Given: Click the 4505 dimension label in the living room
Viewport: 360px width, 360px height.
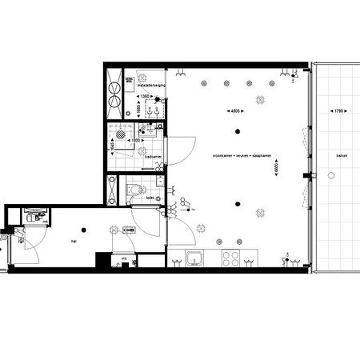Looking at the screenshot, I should (235, 111).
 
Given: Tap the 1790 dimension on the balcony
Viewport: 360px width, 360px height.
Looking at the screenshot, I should (338, 109).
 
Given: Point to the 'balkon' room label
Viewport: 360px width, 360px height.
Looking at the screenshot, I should (342, 157).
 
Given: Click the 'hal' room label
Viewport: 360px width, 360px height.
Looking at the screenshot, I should (73, 239).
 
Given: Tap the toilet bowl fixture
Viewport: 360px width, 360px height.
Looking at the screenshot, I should (137, 190).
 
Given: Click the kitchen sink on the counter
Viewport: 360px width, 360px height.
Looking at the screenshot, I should (194, 259).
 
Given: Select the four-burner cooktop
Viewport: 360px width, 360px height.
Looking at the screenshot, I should (231, 259).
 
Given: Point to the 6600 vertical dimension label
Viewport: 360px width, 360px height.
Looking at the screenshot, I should (276, 170).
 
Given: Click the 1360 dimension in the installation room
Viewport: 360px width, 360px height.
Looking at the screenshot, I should (145, 97).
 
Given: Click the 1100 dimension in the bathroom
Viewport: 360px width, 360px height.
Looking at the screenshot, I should (137, 141).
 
